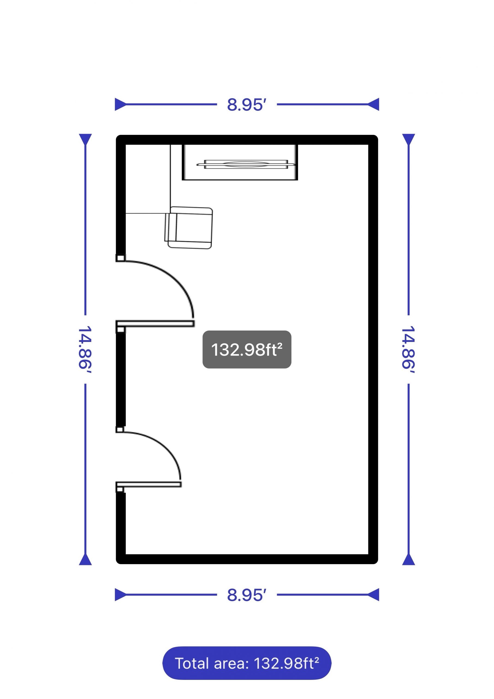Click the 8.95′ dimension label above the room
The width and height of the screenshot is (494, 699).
point(246,105)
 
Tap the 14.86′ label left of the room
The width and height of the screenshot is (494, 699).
point(85,349)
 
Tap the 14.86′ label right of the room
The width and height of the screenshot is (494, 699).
point(409,349)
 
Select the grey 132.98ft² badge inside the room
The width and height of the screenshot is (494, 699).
point(247,349)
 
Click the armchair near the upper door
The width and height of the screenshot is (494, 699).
point(189,228)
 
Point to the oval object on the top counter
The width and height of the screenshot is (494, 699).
point(246,164)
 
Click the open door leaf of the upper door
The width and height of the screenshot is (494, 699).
point(155,324)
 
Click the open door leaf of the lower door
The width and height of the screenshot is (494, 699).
point(148,484)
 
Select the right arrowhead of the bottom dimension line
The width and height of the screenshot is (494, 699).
point(373,595)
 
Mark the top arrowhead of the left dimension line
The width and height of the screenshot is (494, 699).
point(85,139)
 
